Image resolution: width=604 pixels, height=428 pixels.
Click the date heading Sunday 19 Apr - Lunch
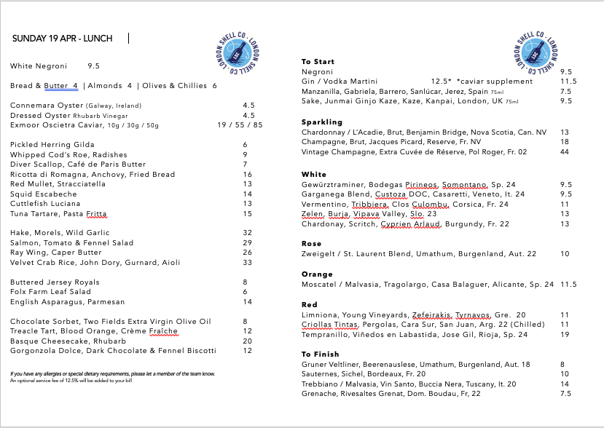pyautogui.click(x=62, y=39)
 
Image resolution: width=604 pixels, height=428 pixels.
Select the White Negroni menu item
pyautogui.click(x=39, y=66)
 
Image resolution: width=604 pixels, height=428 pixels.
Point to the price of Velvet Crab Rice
pyautogui.click(x=248, y=262)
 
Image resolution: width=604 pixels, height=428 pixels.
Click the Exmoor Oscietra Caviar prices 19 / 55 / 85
pyautogui.click(x=240, y=125)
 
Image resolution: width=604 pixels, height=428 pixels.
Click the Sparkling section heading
pyautogui.click(x=322, y=122)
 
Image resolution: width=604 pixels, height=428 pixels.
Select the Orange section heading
pyautogui.click(x=317, y=274)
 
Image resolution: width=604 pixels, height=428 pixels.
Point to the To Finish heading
pyautogui.click(x=321, y=354)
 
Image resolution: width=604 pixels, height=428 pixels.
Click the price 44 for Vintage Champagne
pyautogui.click(x=565, y=152)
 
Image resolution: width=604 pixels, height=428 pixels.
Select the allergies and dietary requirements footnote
pyautogui.click(x=112, y=373)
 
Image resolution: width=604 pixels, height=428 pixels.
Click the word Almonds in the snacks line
pyautogui.click(x=106, y=86)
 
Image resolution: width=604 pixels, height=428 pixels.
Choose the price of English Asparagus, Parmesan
pyautogui.click(x=248, y=301)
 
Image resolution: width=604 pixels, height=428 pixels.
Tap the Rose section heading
pyautogui.click(x=312, y=244)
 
